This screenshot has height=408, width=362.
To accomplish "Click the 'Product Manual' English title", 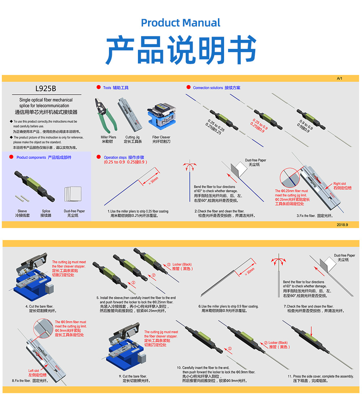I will pyautogui.click(x=181, y=23).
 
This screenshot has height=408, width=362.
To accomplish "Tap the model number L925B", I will pyautogui.click(x=46, y=89).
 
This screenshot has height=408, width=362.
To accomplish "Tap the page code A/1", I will pyautogui.click(x=339, y=79).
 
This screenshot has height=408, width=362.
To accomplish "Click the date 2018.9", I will pyautogui.click(x=342, y=225).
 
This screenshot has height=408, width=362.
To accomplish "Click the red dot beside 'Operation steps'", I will pyautogui.click(x=99, y=157).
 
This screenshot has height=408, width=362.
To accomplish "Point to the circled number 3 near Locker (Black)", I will pyautogui.click(x=168, y=265).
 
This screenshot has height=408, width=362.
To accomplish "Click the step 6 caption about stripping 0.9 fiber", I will pyautogui.click(x=228, y=308).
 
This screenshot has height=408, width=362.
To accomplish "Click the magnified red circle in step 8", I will pyautogui.click(x=43, y=328).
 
